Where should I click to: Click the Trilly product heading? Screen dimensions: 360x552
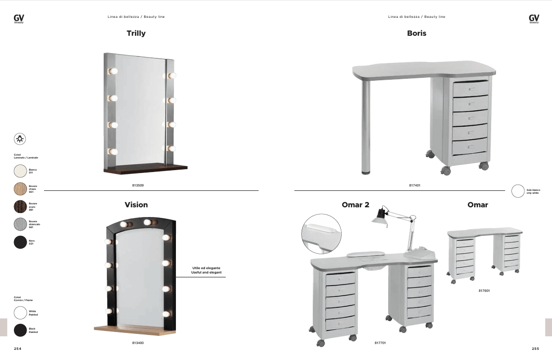[136, 33]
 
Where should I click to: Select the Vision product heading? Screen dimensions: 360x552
[136, 205]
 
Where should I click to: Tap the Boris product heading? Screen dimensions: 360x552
[417, 33]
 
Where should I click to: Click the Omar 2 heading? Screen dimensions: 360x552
[355, 205]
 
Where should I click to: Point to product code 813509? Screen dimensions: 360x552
[138, 185]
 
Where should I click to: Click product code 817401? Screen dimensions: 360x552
[414, 185]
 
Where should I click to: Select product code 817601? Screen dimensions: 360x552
[484, 291]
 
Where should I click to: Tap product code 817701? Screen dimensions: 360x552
[380, 343]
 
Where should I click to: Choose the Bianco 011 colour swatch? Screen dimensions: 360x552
[20, 171]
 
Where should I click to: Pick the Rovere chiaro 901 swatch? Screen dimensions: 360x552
[20, 189]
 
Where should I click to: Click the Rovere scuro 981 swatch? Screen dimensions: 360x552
[20, 206]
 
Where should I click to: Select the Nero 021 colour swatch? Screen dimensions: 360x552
[20, 242]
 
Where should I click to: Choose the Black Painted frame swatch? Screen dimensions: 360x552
[20, 331]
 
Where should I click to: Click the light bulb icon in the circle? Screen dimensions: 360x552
[20, 139]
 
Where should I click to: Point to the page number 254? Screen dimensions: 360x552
[18, 348]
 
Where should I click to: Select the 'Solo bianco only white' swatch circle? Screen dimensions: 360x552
[518, 191]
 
